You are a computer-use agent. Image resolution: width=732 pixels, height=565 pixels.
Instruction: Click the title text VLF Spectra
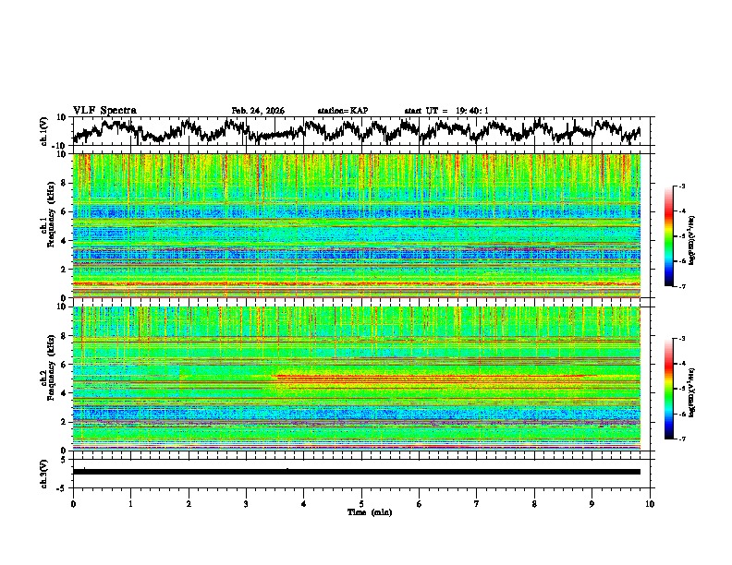(104, 110)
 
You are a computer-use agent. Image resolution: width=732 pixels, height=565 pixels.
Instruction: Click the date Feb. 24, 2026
(258, 111)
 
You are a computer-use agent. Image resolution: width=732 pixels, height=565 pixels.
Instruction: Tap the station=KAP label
(343, 111)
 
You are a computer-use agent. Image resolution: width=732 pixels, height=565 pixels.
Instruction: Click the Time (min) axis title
(361, 511)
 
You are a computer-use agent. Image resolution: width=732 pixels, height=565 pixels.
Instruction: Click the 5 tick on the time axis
(361, 503)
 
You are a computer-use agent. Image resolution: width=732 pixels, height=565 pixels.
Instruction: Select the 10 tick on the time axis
(650, 503)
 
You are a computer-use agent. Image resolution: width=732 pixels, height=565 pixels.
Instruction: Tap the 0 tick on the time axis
(73, 503)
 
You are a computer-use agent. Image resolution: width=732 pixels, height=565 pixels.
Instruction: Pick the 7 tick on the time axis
(477, 503)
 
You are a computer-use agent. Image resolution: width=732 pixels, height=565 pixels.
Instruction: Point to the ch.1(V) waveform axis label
(44, 131)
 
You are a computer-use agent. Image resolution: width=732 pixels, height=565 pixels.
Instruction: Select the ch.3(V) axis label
(44, 471)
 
